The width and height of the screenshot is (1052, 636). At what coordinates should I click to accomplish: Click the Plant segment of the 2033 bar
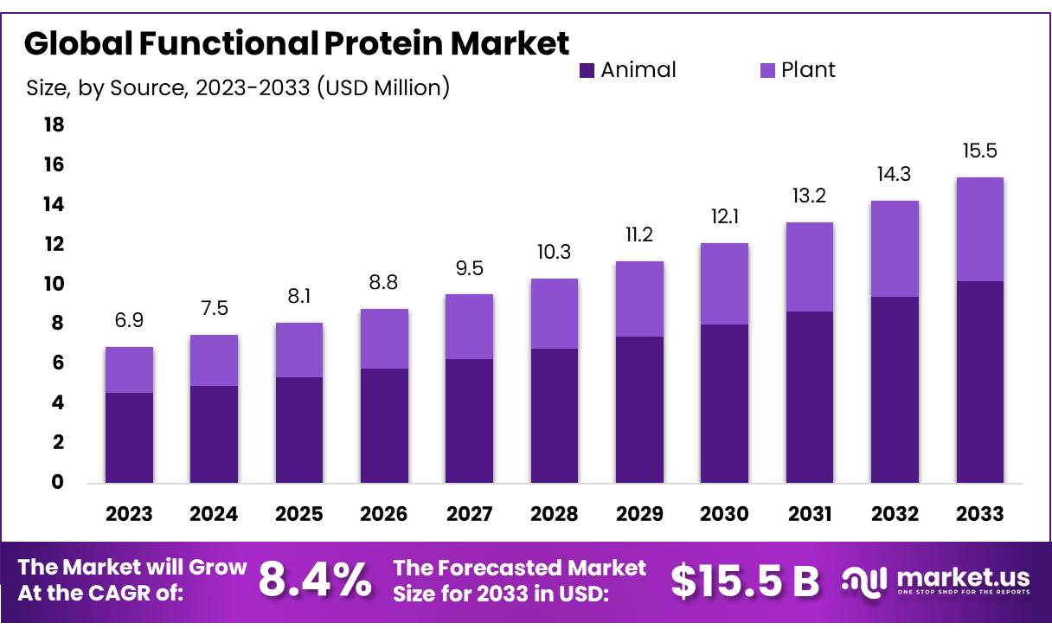click(x=979, y=229)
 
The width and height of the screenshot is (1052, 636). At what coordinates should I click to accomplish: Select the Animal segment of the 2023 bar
click(x=129, y=438)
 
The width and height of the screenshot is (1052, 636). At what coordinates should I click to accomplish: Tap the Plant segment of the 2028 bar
click(x=555, y=313)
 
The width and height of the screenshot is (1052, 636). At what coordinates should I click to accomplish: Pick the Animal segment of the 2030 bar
click(x=724, y=403)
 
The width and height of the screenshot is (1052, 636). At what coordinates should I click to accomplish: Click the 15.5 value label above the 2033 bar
click(x=979, y=151)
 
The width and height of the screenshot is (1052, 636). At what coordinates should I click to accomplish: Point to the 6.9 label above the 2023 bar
click(x=129, y=321)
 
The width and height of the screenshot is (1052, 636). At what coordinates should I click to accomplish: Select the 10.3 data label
click(x=555, y=252)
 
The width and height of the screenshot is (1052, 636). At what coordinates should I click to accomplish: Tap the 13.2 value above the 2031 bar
click(x=809, y=196)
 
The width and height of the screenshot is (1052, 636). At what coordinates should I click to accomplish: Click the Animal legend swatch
click(x=587, y=70)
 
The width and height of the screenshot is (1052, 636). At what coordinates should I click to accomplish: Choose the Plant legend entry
click(x=798, y=70)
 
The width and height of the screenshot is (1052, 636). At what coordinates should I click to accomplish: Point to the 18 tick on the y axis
click(x=54, y=125)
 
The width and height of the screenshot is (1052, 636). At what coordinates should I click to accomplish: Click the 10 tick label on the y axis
click(x=54, y=284)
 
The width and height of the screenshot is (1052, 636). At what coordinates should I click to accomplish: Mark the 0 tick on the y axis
click(x=57, y=482)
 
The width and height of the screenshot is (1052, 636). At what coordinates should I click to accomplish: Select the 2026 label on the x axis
click(x=384, y=514)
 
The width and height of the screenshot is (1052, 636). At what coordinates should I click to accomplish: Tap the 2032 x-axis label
click(x=895, y=514)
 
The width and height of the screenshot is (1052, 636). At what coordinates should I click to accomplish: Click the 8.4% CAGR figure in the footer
click(x=315, y=581)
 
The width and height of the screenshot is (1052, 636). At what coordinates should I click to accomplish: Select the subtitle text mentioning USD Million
click(x=238, y=87)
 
